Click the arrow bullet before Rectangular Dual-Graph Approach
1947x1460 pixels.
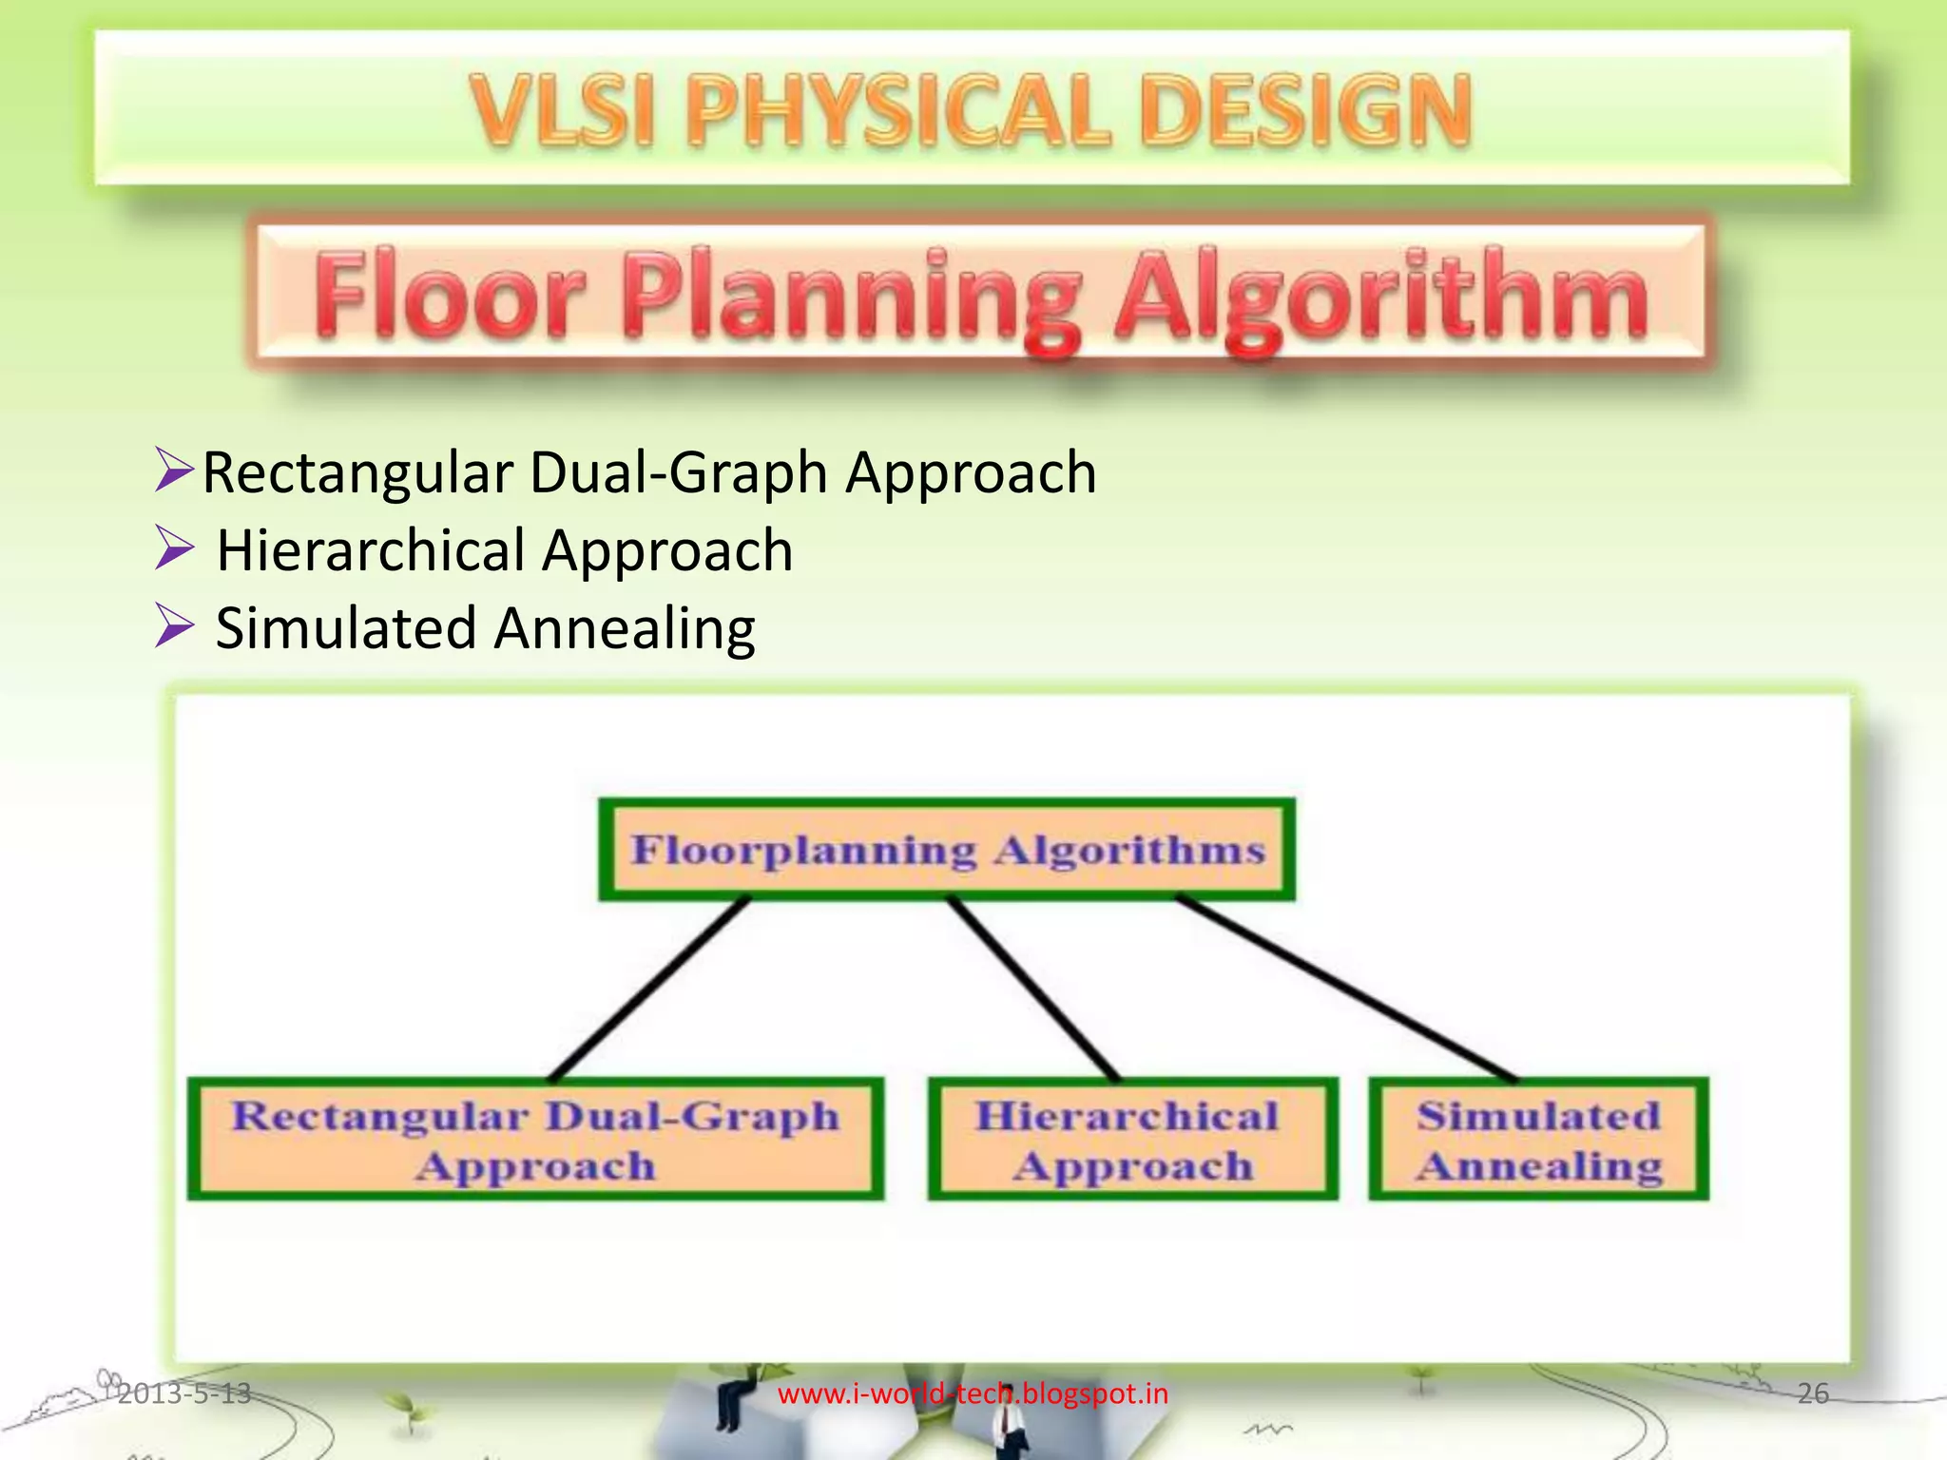tap(174, 471)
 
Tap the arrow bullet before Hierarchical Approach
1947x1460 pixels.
tap(174, 549)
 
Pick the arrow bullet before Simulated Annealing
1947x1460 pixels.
tap(174, 627)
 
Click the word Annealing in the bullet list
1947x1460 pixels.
tap(625, 628)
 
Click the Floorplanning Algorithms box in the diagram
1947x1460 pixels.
tap(947, 850)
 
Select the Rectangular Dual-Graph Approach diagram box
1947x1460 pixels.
tap(536, 1140)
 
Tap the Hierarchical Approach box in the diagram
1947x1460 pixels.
tap(1132, 1140)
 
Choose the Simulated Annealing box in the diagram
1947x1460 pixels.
tap(1538, 1140)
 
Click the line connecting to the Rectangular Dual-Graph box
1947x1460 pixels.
tap(649, 989)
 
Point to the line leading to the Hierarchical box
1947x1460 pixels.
tap(1033, 989)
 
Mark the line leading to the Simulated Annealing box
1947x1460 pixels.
tap(1345, 989)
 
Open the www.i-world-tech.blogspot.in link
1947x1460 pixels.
tap(973, 1394)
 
